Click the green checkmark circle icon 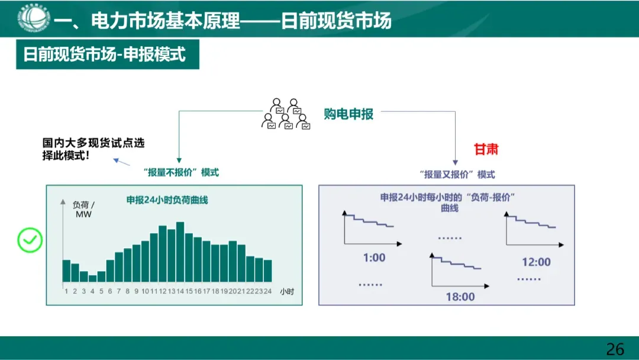point(30,240)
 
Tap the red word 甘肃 point(486,149)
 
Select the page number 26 point(615,349)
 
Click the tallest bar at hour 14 point(180,252)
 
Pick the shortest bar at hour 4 point(92,278)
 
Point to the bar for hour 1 point(66,271)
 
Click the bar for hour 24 point(267,271)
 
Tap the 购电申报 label point(348,114)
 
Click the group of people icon point(286,114)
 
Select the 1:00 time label point(373,258)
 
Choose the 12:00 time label point(536,262)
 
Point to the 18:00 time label point(460,297)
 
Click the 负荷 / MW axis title point(83,209)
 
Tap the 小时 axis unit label point(287,291)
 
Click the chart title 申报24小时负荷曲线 point(167,200)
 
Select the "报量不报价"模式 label point(181,172)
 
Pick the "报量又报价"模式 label point(457,175)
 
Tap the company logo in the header point(33,18)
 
